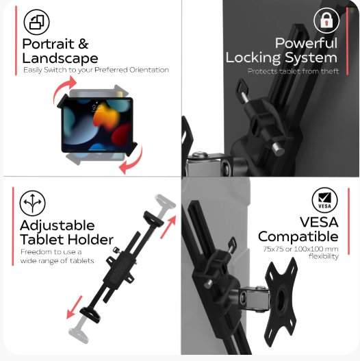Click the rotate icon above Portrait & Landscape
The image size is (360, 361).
coord(36,22)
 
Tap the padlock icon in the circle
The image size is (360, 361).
coord(326,21)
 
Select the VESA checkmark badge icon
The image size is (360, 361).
coord(325,200)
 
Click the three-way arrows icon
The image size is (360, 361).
coord(32,203)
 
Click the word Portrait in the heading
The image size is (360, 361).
coord(49,44)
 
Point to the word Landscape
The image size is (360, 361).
coord(60,58)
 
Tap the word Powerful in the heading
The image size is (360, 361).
coord(306,43)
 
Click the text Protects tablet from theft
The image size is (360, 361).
coord(293,71)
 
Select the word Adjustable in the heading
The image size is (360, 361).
coord(57,225)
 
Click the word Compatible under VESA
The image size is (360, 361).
coord(298,236)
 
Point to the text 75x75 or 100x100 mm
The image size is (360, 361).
coord(300,249)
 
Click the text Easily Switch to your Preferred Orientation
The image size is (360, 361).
coord(96,70)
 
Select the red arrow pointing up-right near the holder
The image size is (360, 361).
coord(168,227)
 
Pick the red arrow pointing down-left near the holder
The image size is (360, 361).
coord(74,308)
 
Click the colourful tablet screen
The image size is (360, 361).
coord(98,125)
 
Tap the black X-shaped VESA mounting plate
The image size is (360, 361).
coord(281,301)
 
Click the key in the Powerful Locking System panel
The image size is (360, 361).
coord(243,90)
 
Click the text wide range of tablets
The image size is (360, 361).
coord(57,260)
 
